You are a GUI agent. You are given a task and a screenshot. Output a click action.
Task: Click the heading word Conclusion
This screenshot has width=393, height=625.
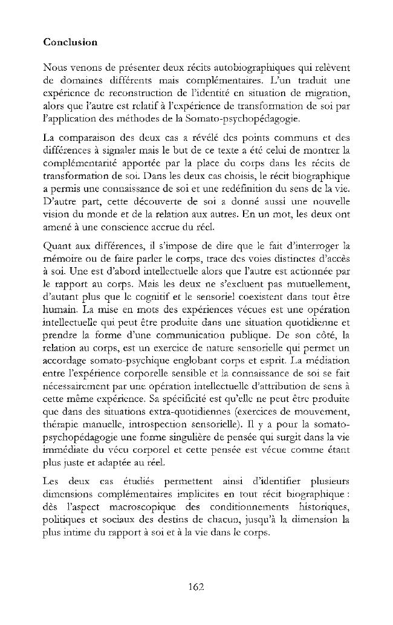click(x=70, y=43)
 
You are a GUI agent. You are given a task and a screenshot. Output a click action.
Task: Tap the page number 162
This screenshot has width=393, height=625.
click(x=197, y=585)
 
